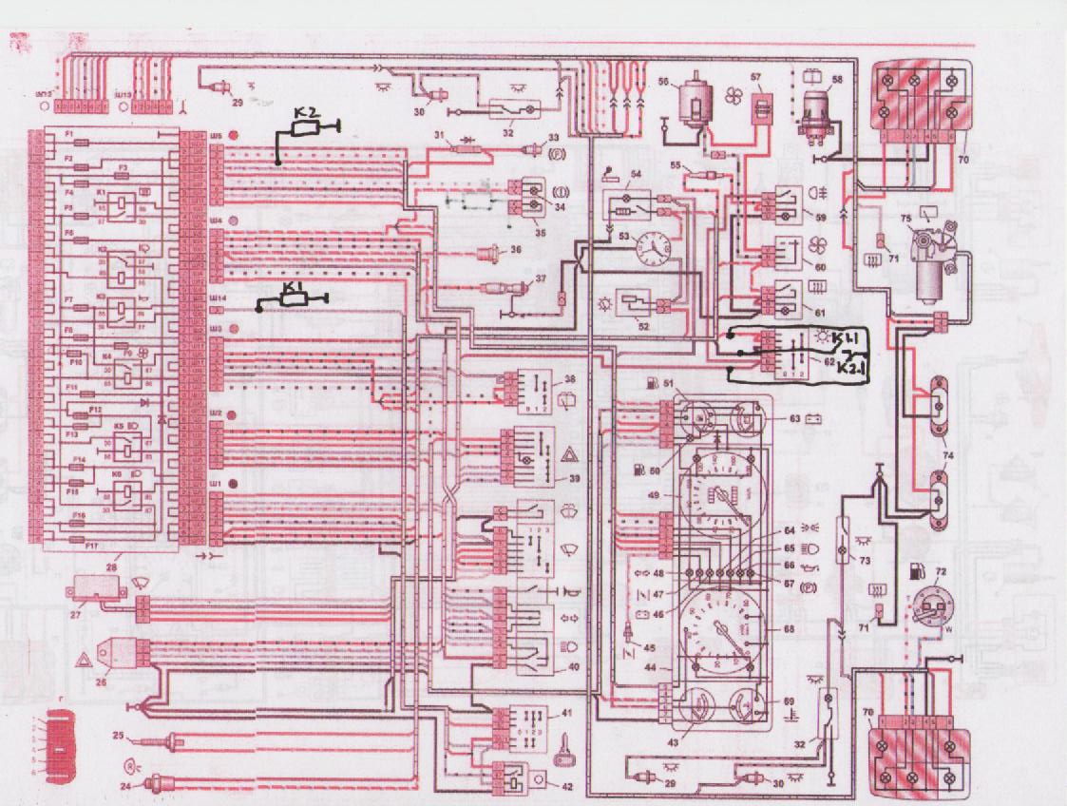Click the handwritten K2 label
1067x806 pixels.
pyautogui.click(x=305, y=115)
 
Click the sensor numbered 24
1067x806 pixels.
pyautogui.click(x=152, y=785)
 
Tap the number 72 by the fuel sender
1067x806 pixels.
pyautogui.click(x=941, y=574)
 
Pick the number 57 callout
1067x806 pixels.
pyautogui.click(x=757, y=80)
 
